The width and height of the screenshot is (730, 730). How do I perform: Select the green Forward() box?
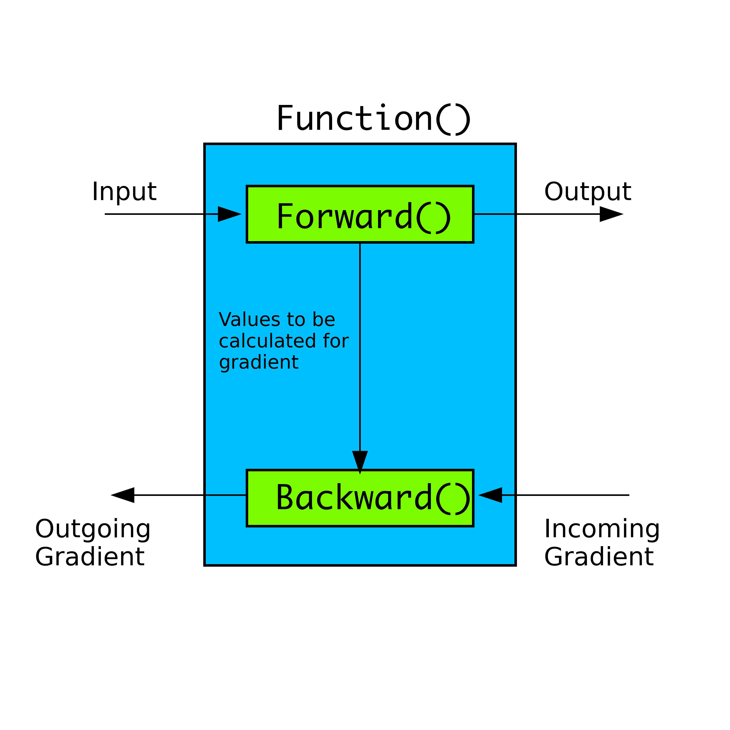[x=360, y=214]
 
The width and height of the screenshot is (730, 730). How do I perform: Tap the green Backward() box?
[x=360, y=498]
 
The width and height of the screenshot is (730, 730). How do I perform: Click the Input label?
[x=124, y=192]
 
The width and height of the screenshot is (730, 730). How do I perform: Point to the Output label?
[x=588, y=192]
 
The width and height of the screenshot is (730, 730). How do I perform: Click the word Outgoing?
[x=93, y=529]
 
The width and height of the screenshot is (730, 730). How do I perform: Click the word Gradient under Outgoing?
[x=90, y=557]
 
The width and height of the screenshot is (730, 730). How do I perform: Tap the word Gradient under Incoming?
[x=599, y=557]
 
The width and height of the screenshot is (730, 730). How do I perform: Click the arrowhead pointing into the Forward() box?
[x=229, y=214]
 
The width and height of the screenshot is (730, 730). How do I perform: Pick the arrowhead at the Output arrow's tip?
[x=611, y=214]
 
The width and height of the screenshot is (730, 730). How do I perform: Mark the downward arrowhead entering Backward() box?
[x=360, y=462]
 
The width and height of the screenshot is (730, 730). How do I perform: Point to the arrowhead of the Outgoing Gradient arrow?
[x=123, y=495]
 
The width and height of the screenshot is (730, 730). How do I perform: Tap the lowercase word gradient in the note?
[x=259, y=363]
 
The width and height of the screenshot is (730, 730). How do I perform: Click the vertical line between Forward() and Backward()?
[x=360, y=347]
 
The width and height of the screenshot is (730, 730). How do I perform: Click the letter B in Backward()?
[x=285, y=497]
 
